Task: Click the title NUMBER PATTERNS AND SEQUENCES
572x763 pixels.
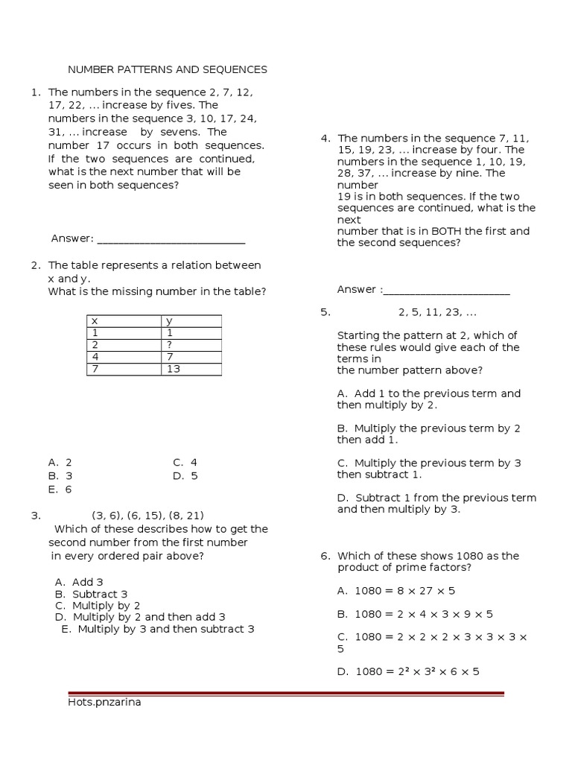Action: click(168, 69)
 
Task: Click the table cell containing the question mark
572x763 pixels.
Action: click(191, 345)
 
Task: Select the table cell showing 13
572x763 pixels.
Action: click(191, 369)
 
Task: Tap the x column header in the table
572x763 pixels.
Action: click(124, 321)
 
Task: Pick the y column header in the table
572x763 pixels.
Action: click(191, 321)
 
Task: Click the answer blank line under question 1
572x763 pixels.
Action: click(171, 239)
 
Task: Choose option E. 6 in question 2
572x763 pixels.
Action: click(60, 490)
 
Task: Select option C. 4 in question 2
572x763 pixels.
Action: click(185, 462)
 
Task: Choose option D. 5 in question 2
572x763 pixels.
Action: click(185, 476)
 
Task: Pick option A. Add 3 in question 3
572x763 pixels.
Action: click(79, 582)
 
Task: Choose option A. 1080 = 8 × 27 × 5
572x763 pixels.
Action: click(395, 591)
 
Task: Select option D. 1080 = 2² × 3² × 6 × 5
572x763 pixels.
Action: click(408, 671)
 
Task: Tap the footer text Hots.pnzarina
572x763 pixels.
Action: click(104, 702)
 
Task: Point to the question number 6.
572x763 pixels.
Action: click(325, 556)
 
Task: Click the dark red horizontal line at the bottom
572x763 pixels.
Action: click(285, 694)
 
